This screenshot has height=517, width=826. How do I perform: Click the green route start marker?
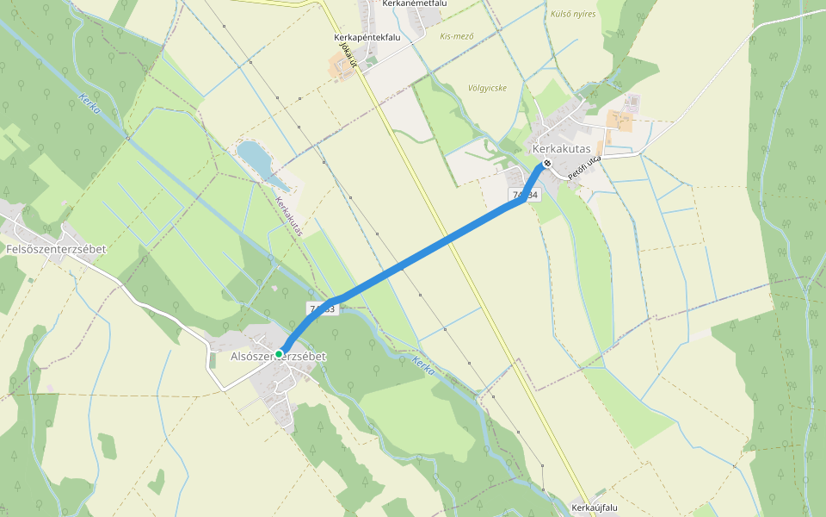click(279, 353)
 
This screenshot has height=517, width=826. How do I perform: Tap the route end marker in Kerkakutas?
click(546, 164)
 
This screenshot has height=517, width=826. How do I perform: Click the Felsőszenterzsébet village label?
click(56, 249)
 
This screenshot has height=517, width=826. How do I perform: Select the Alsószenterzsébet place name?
click(279, 356)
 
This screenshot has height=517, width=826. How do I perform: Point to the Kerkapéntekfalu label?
click(368, 38)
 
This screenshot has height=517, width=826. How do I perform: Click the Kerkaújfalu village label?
click(595, 508)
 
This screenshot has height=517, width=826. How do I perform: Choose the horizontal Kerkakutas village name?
click(562, 148)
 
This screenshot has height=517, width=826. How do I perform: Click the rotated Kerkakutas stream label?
click(290, 217)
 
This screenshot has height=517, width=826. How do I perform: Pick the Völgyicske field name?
click(487, 88)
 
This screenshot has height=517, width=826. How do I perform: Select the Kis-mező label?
click(457, 36)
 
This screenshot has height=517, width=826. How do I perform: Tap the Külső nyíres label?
click(573, 14)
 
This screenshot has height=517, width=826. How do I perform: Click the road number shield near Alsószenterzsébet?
click(321, 308)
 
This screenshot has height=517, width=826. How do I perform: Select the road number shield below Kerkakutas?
click(525, 196)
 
